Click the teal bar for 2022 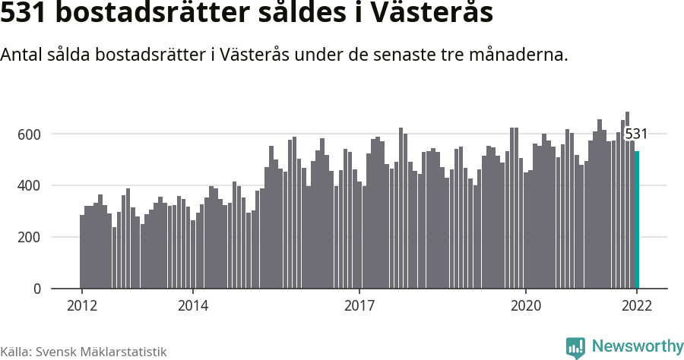[637, 220]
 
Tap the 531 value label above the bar [636, 134]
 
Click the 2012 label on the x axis [81, 305]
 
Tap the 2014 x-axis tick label [193, 305]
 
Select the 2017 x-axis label [359, 305]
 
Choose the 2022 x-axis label [637, 305]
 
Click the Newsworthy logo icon [575, 347]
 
